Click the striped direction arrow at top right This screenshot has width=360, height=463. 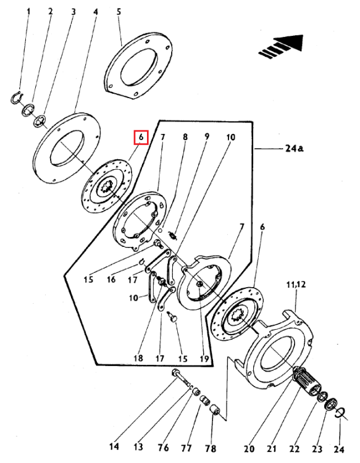point(282,48)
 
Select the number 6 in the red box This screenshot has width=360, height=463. point(141,136)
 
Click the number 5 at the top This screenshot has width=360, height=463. point(119,11)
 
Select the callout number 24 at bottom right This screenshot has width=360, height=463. point(338,448)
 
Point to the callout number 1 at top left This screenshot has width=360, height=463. point(26,11)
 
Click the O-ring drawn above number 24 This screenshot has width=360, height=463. point(338,413)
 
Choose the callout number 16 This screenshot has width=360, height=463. point(111,279)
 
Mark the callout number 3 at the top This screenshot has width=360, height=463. point(73,11)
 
